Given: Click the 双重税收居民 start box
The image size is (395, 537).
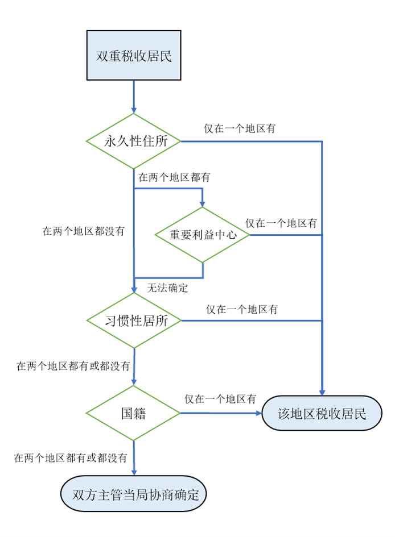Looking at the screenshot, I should [134, 56].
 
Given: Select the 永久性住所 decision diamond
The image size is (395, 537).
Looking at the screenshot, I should [134, 141].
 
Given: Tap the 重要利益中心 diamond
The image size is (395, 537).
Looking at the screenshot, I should [203, 235].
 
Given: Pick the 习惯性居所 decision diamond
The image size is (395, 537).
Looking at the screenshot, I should [134, 320].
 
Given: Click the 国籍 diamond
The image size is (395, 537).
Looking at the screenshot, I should [134, 413].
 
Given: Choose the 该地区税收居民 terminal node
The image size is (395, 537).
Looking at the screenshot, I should [322, 413].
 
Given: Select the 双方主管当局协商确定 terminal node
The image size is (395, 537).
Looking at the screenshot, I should [134, 494].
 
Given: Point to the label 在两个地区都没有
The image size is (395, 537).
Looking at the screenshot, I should [84, 231].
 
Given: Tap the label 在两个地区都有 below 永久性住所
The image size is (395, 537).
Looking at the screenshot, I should [174, 177].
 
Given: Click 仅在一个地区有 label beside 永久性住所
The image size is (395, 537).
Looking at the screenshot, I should [240, 128].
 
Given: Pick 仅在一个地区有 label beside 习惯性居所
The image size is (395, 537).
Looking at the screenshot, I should [242, 310].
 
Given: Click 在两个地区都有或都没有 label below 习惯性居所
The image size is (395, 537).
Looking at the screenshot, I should [73, 365].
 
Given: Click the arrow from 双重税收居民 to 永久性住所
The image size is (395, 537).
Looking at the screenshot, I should [134, 97].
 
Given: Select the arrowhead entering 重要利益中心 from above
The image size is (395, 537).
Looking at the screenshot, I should [203, 203].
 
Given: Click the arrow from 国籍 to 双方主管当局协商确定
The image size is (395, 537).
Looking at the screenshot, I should [134, 458].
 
